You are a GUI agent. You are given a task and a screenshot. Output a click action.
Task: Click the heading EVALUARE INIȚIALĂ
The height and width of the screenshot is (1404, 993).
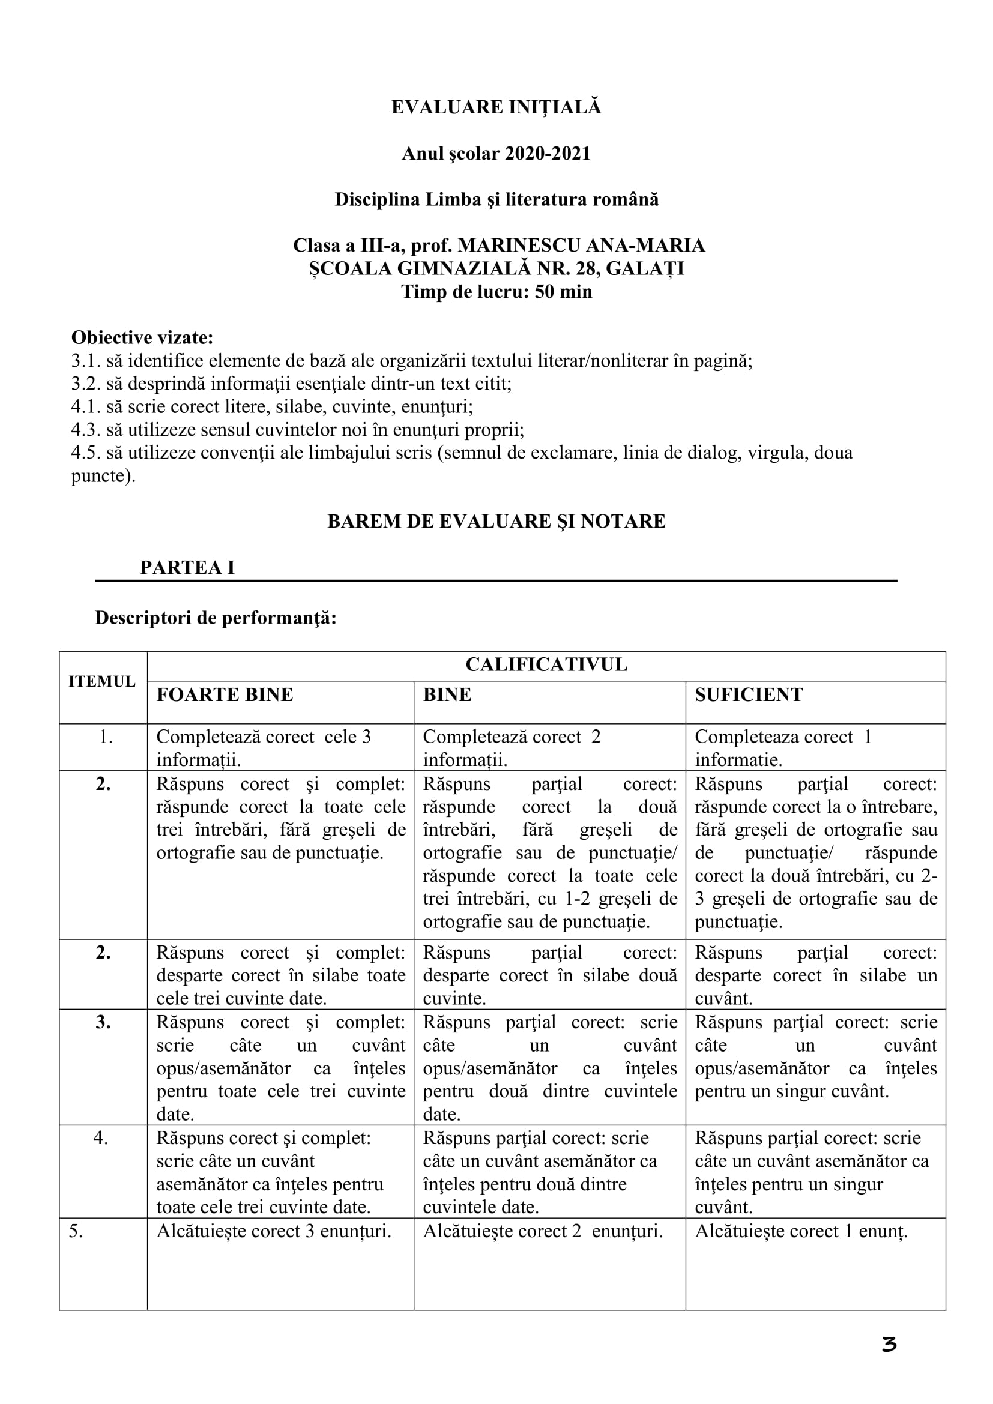[x=496, y=107]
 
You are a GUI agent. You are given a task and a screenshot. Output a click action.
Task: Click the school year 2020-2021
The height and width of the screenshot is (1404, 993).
[x=548, y=154]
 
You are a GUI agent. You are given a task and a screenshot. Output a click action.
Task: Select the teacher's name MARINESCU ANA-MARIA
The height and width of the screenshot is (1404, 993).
[x=581, y=246]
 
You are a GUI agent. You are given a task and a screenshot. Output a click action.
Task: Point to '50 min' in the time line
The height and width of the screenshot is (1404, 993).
[x=563, y=292]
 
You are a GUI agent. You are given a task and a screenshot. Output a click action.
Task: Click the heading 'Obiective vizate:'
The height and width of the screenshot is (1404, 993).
[x=142, y=337]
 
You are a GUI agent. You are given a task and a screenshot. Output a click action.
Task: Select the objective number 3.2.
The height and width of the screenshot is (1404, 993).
[x=86, y=384]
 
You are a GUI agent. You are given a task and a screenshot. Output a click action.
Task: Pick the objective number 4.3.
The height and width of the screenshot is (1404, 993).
[x=86, y=430]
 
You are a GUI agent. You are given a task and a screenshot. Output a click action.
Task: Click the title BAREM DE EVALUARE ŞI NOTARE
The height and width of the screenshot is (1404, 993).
[x=496, y=521]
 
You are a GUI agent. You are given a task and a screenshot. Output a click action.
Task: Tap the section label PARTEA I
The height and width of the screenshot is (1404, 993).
[x=187, y=567]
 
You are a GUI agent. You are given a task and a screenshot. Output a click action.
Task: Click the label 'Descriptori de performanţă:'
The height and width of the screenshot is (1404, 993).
[x=216, y=618]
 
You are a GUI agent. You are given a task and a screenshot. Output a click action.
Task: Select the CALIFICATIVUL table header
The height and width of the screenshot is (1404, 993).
[x=546, y=664]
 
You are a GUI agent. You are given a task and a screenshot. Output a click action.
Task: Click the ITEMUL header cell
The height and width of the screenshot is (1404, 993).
[x=102, y=682]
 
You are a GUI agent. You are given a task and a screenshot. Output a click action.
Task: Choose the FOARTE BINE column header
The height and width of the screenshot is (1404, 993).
[x=225, y=694]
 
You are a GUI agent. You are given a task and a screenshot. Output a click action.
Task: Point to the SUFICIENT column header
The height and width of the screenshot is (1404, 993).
[x=749, y=694]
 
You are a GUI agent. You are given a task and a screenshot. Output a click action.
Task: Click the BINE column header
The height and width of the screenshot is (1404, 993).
[x=447, y=694]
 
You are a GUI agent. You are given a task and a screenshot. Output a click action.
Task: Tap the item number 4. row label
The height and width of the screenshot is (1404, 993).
[x=101, y=1139]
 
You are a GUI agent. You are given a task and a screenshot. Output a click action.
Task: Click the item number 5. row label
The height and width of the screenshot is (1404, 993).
[x=76, y=1231]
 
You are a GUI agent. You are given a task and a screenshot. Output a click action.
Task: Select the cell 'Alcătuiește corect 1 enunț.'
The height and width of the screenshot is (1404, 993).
[x=801, y=1231]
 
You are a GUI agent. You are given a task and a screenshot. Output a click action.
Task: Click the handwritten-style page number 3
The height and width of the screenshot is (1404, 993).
[x=889, y=1345]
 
